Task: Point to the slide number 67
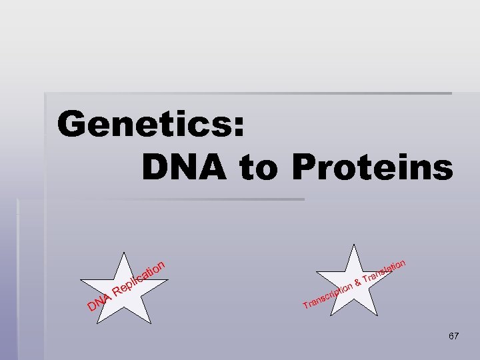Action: pyautogui.click(x=453, y=337)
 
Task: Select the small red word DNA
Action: pyautogui.click(x=98, y=303)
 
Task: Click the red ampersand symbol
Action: pyautogui.click(x=358, y=283)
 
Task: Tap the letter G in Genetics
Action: pyautogui.click(x=74, y=124)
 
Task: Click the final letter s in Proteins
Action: pyautogui.click(x=442, y=170)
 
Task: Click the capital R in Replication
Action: pyautogui.click(x=119, y=291)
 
